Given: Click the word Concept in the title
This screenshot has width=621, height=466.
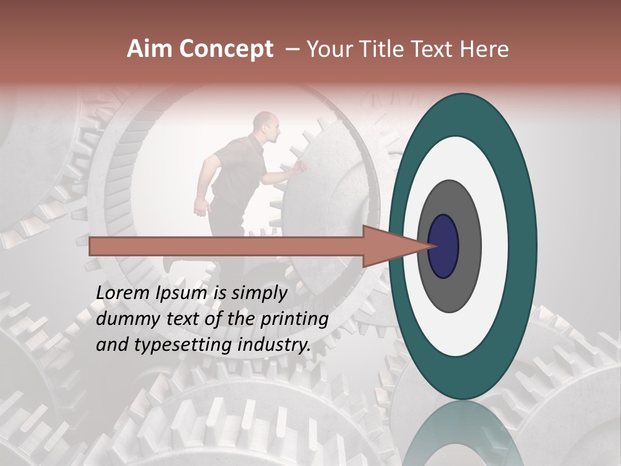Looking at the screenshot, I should point(225,49).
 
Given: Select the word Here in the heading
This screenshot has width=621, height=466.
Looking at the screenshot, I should point(485,49).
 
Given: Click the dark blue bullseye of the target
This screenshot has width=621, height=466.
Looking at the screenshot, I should point(444,246).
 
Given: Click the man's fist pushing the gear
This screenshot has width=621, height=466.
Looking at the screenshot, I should point(300,167).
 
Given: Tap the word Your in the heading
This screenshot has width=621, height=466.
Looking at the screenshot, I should point(329,49).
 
